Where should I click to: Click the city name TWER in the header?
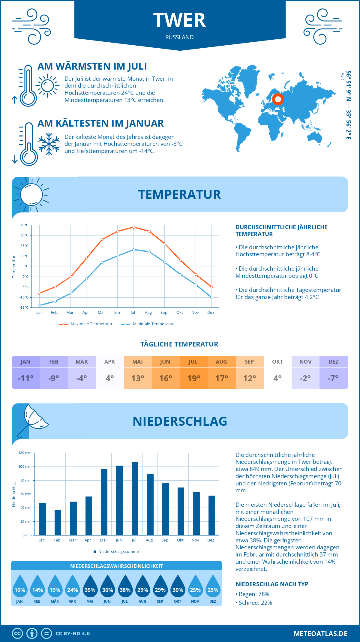[179, 20]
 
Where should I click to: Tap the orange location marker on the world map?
[278, 99]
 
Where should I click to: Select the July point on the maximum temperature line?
[133, 227]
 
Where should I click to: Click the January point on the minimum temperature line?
[40, 305]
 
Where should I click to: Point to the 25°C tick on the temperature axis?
[25, 225]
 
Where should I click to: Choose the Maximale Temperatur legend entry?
[86, 324]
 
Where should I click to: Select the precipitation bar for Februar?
[58, 522]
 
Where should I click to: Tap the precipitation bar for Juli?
[135, 498]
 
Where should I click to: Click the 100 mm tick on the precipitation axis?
[25, 466]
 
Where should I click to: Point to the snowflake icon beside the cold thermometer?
[49, 144]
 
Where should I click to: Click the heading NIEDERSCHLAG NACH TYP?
[272, 584]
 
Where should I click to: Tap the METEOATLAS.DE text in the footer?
[320, 634]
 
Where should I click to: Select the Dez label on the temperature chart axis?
[211, 313]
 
